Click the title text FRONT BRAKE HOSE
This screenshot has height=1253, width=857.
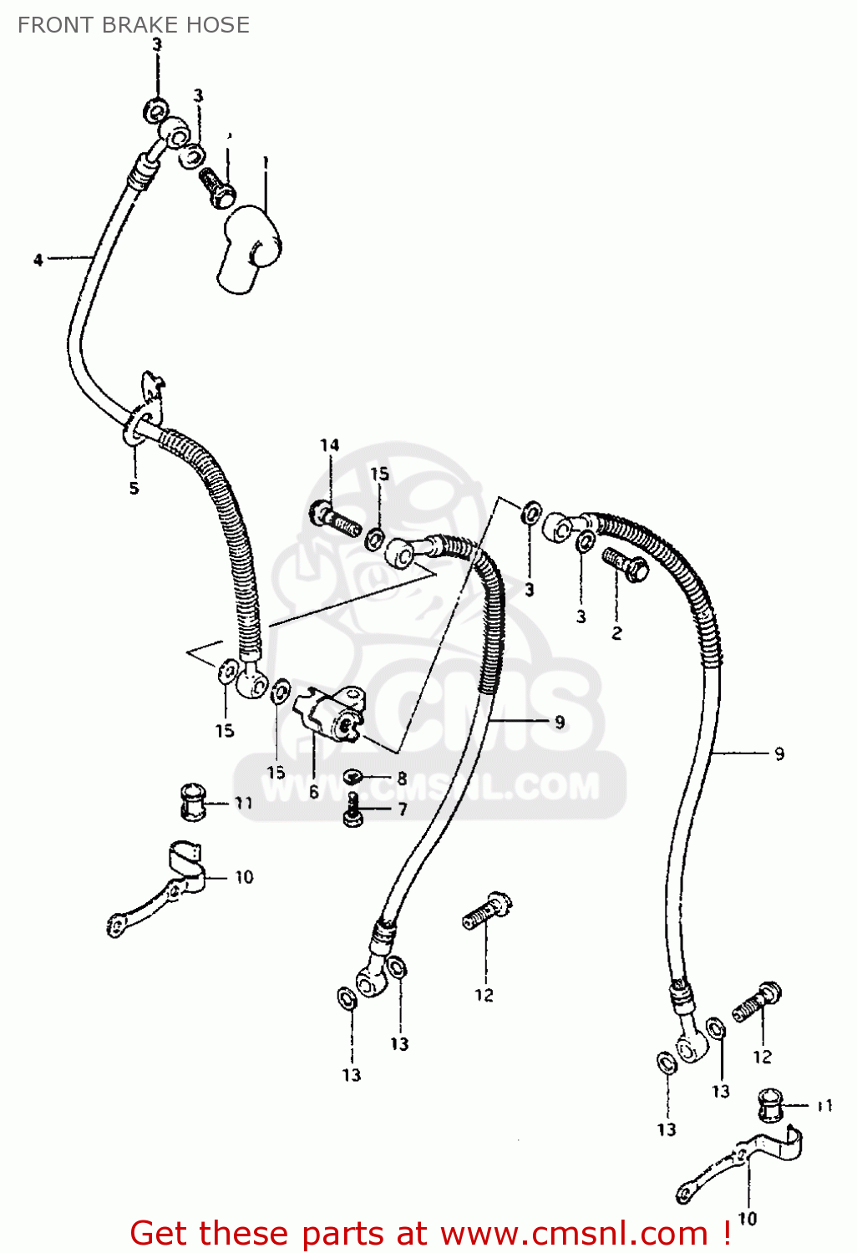134,25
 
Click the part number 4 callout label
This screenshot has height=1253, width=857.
38,260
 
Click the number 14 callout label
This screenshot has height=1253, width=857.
329,445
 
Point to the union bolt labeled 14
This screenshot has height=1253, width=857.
335,519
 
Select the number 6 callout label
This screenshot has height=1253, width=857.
314,791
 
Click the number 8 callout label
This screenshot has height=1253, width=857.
402,779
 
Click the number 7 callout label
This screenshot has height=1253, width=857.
402,809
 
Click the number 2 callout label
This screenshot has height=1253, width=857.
616,633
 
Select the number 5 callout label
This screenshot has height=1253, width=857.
134,488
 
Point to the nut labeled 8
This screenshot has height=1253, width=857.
353,778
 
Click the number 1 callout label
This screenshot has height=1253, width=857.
265,161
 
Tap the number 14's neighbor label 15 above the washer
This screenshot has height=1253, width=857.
380,474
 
